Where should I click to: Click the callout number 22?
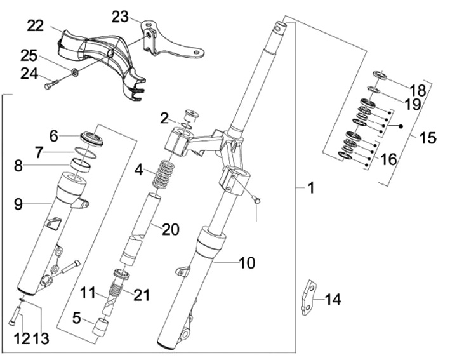coord(36,26)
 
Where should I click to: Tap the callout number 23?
coord(120,17)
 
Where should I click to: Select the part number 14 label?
coord(333,300)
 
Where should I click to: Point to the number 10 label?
coord(247,263)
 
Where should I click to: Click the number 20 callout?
coord(171,229)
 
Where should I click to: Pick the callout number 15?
coord(428,138)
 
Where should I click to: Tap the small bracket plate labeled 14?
coord(309,298)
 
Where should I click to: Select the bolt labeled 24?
coord(51,83)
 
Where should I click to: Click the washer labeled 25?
coord(74,72)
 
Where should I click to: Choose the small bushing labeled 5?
coord(100,327)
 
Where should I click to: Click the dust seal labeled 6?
coord(92,138)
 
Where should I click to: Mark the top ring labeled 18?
coord(381,75)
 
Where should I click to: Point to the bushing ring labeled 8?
coord(81,165)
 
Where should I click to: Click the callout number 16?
coord(389,159)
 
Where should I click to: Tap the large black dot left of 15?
coord(401,126)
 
